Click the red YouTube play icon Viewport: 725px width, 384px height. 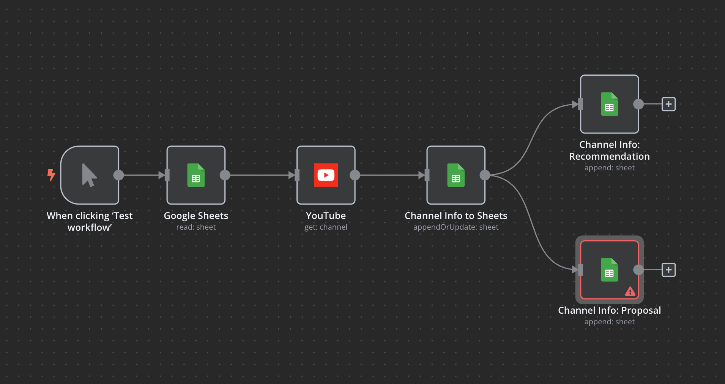(x=326, y=175)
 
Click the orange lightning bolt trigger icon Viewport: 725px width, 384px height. (x=51, y=175)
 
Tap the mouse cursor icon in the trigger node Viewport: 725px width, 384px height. (x=89, y=175)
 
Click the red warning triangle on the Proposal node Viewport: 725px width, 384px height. (x=630, y=292)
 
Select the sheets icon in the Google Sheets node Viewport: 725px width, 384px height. (x=196, y=175)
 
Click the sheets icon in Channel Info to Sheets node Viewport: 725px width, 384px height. (x=455, y=175)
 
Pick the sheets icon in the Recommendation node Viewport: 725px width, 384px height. (x=609, y=104)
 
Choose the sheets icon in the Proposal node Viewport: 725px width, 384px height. (x=609, y=270)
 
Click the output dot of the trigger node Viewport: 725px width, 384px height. (x=119, y=175)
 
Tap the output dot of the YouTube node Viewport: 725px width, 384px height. (x=355, y=175)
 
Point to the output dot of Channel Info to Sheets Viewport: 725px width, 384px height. (x=485, y=175)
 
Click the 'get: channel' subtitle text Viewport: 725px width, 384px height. (x=326, y=227)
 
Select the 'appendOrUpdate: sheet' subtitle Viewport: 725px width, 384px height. (x=455, y=227)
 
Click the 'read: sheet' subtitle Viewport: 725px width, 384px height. (x=196, y=227)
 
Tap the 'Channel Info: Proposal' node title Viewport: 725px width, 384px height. (x=609, y=310)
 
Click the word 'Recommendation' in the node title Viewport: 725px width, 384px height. (x=609, y=156)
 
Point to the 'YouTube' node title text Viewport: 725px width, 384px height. (x=326, y=216)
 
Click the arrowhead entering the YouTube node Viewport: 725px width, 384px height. (x=292, y=175)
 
